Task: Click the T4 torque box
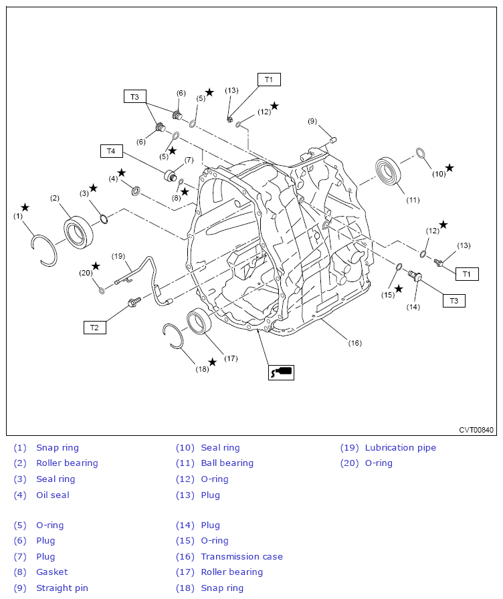click(111, 151)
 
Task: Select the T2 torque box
click(95, 328)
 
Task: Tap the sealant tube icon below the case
click(281, 372)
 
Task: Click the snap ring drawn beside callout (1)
click(45, 250)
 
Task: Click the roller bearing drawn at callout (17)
click(199, 320)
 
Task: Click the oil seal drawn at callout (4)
click(136, 191)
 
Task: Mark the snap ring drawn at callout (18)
click(173, 336)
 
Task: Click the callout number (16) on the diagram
click(355, 343)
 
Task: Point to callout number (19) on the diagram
click(118, 256)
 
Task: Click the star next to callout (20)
click(96, 266)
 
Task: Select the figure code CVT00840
click(476, 430)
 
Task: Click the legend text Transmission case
click(241, 557)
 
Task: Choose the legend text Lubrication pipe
click(400, 448)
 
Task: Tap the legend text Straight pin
click(62, 588)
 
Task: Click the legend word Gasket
click(52, 572)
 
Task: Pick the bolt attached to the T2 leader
click(135, 302)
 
